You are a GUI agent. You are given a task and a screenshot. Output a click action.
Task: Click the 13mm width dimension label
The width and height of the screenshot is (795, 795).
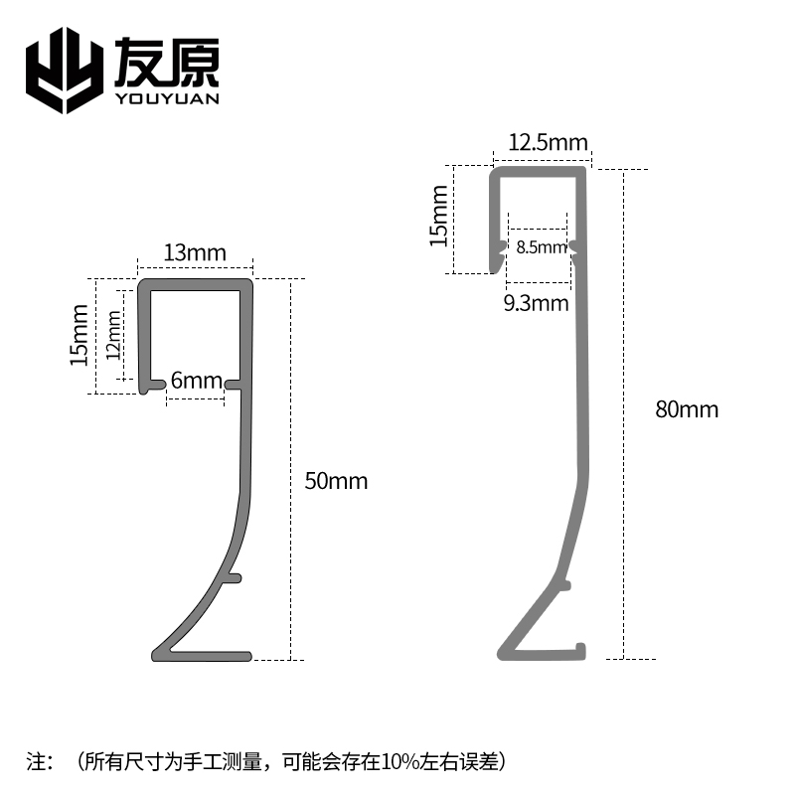pyautogui.click(x=195, y=252)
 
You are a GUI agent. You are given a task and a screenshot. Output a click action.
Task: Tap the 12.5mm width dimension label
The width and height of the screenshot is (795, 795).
pyautogui.click(x=548, y=143)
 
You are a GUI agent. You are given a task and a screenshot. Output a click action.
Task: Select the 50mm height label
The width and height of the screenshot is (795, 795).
pyautogui.click(x=336, y=482)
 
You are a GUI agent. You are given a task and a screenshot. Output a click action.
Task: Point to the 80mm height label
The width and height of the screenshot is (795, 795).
pyautogui.click(x=687, y=408)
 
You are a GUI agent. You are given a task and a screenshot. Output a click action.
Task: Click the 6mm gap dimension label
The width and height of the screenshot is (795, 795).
pyautogui.click(x=196, y=381)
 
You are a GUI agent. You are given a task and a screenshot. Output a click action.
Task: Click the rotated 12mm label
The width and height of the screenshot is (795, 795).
pyautogui.click(x=113, y=334)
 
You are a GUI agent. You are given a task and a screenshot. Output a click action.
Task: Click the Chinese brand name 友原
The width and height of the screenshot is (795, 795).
pyautogui.click(x=167, y=62)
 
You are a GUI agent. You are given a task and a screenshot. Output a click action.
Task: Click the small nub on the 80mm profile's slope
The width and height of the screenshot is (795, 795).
pyautogui.click(x=564, y=586)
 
